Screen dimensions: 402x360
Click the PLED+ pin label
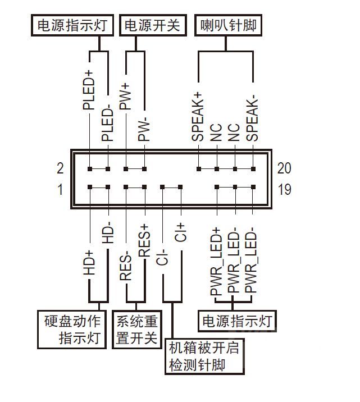(x=89, y=90)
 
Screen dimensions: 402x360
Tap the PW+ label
(x=126, y=95)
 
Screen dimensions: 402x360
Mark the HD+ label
(x=89, y=262)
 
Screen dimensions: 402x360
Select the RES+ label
(x=144, y=240)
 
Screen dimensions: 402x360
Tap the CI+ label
(x=181, y=232)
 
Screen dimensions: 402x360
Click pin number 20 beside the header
(x=284, y=168)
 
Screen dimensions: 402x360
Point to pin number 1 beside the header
(x=60, y=190)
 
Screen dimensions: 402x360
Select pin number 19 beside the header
(x=284, y=190)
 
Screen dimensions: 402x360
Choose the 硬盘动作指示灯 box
(x=72, y=330)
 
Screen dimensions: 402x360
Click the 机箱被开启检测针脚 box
(x=206, y=356)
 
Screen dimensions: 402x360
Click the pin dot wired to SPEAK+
(x=198, y=168)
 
